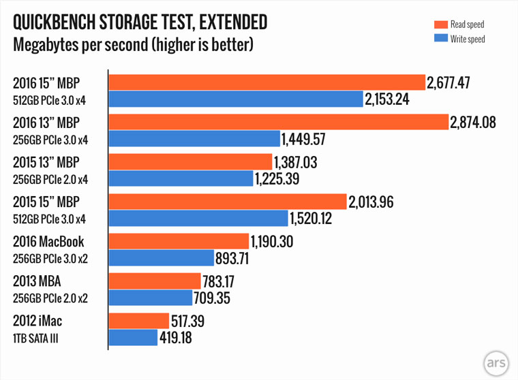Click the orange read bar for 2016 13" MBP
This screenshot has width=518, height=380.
coord(278,123)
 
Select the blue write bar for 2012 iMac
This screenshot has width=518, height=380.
coord(133,337)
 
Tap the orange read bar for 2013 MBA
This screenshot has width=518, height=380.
coord(155,281)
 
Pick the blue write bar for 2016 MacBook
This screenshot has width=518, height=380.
coord(162,258)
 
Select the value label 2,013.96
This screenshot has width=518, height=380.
coord(371,202)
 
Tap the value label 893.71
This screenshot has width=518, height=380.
coord(237,258)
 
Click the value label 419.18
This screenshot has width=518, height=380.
coord(180,337)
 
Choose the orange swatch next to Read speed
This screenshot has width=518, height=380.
coord(439,25)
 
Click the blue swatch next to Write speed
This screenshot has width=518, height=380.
coord(439,39)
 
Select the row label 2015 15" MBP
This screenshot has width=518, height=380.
coord(46,203)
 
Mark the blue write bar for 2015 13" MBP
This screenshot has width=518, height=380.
coord(180,179)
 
